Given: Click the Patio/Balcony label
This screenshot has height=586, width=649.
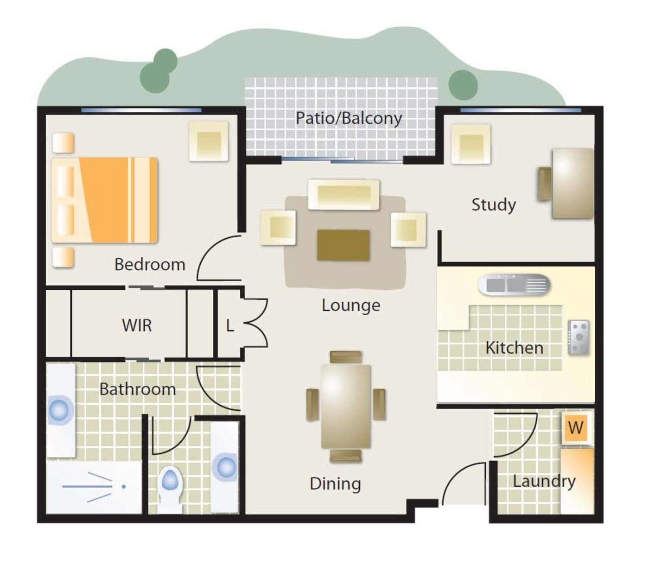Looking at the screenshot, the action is coord(349,118).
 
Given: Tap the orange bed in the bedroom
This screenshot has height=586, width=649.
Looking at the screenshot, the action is coord(104,200).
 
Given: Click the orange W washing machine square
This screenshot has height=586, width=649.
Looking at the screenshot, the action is coord(576,428).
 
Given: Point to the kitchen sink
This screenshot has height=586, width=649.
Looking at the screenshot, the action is coord(514,285).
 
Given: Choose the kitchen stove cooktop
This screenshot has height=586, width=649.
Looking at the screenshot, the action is coord(579,338).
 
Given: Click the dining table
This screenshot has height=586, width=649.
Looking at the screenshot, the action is coord(345,407).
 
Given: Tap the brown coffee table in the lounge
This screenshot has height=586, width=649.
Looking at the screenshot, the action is coord(343,245).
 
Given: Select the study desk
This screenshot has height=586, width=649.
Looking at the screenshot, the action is coord(573,184).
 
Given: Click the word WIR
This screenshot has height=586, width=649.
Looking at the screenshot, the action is coord(137,325).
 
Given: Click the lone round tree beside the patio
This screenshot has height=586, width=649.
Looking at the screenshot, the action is coord(463,85).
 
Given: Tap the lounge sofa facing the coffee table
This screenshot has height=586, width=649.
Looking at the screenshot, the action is coord(344,194).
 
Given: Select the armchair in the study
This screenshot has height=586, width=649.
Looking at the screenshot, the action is coord(471,144).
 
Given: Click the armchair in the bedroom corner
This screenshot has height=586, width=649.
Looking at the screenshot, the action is coord(209,141).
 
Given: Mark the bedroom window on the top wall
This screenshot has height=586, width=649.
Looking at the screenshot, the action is coord(141,110).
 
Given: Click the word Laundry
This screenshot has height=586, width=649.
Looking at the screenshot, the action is coord(544,482).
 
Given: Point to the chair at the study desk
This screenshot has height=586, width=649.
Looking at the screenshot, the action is coord(545,184).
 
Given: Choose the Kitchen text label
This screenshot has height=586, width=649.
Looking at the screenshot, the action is coord(515,348).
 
